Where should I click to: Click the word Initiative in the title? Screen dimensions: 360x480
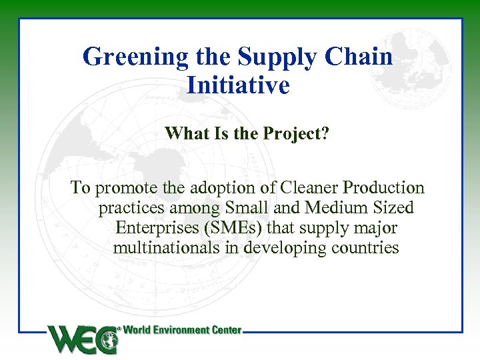pos(239,85)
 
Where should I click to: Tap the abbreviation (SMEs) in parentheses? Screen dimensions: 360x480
pos(235,228)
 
